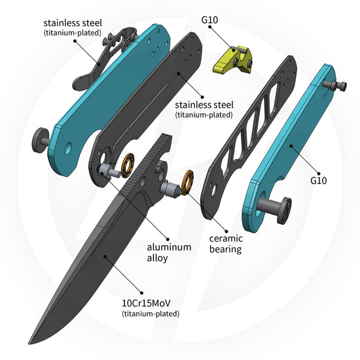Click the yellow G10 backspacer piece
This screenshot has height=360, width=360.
click(233, 60)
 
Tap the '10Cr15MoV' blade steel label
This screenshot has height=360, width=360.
click(146, 303)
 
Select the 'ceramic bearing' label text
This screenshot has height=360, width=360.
click(226, 244)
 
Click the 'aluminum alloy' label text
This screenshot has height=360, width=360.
click(169, 252)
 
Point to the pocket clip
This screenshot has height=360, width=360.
click(103, 58)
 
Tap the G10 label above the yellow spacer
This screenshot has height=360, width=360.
click(209, 20)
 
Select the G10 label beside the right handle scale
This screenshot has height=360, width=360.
click(319, 181)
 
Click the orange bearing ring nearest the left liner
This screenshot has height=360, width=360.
click(128, 166)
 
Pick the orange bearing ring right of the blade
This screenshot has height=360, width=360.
click(187, 183)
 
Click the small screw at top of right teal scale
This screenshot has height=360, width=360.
click(334, 85)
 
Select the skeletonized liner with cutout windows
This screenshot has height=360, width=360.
click(249, 137)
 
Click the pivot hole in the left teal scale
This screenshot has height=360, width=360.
click(68, 149)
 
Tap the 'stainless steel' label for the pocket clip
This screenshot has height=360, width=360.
click(73, 23)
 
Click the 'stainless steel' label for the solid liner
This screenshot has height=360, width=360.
click(204, 105)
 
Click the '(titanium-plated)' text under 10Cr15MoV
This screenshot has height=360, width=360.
click(151, 314)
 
